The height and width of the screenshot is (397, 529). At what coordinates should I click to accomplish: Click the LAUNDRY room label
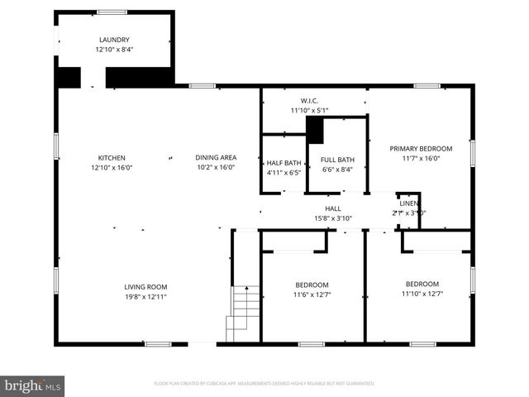(114, 40)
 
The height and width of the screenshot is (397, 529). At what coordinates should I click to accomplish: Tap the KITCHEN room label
(112, 157)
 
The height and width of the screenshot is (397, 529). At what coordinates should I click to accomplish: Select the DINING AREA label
(216, 157)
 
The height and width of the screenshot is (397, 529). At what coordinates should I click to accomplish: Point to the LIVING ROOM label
(145, 287)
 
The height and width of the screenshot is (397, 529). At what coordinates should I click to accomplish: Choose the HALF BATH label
(284, 163)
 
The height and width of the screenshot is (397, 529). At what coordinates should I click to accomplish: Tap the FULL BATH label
(337, 160)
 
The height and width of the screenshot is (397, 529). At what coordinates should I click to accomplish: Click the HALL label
(333, 208)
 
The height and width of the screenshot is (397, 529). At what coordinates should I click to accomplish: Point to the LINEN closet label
(408, 203)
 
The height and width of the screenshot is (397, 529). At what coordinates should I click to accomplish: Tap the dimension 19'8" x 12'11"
(145, 297)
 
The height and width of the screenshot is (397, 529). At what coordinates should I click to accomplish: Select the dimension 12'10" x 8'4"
(114, 50)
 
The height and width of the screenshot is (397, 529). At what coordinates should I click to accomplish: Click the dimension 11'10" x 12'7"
(422, 293)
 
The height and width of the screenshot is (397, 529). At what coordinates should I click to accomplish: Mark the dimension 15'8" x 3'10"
(333, 218)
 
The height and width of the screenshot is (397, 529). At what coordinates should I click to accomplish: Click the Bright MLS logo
(33, 385)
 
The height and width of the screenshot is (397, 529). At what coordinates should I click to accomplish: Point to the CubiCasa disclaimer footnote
(264, 384)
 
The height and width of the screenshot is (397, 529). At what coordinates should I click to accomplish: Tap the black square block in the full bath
(315, 129)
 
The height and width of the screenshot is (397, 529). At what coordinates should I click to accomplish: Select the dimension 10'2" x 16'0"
(216, 167)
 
